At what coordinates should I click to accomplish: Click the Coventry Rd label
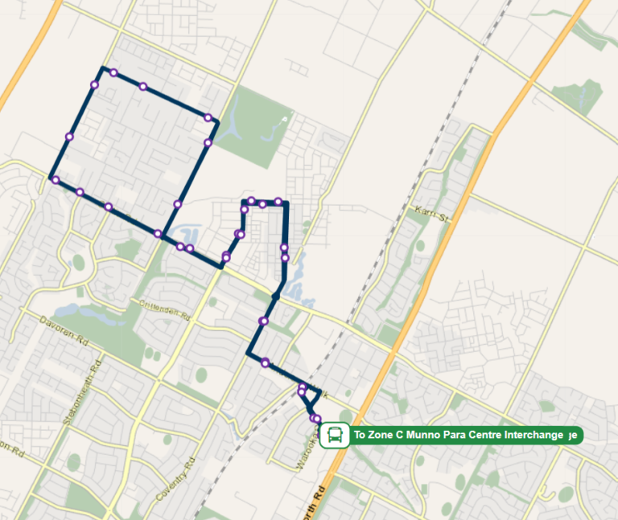coord(177,480)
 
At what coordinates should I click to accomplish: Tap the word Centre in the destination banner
coord(481,435)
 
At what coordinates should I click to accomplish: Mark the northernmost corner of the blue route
coord(102,68)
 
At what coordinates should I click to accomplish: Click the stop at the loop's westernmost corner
coord(55,180)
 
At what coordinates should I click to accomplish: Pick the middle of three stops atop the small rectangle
coord(262,203)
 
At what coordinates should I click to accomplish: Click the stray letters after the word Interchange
coord(572,435)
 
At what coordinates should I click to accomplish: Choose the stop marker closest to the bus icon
coord(316,419)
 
